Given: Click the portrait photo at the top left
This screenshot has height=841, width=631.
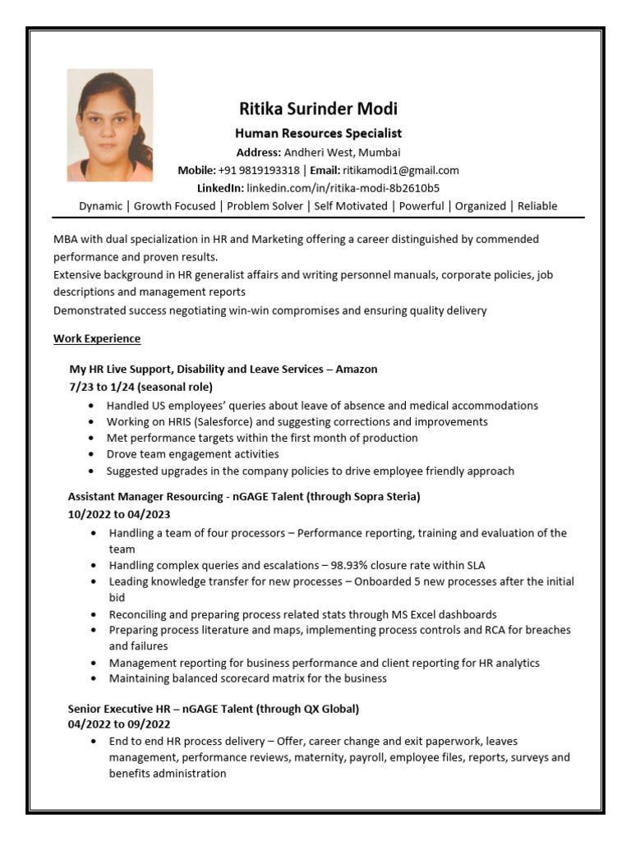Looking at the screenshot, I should (109, 126).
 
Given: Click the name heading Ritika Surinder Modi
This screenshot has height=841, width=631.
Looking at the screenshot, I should (318, 109).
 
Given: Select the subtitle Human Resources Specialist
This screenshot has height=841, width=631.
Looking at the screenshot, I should (318, 133).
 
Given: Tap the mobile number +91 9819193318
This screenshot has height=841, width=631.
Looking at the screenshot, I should (259, 170).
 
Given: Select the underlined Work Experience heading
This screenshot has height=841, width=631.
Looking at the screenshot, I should (97, 338).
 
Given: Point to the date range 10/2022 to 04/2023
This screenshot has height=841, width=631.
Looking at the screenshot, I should (118, 514).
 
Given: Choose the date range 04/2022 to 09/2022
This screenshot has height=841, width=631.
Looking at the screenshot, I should (118, 724).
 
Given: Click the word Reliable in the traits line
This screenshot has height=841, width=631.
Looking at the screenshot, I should (537, 206).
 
